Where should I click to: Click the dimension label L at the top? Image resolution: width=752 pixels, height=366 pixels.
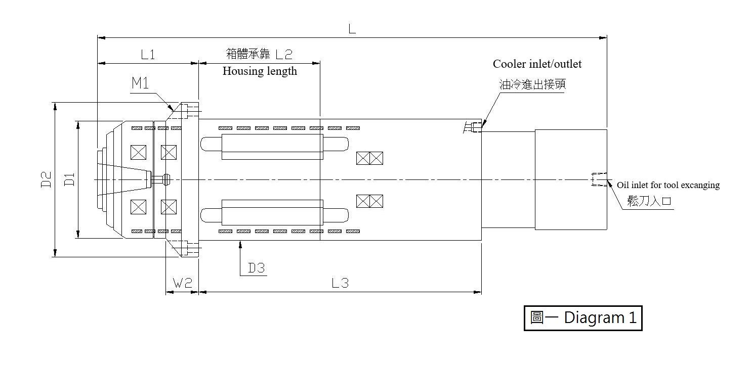coord(352,29)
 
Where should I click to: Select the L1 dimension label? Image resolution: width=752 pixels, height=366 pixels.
coord(148,55)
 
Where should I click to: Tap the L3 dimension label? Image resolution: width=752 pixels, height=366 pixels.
coord(340,283)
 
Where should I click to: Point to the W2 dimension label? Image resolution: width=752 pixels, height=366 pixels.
coord(182,283)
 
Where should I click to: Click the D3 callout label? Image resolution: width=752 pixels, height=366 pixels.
coord(257,268)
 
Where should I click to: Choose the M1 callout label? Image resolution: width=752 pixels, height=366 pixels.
coord(140,83)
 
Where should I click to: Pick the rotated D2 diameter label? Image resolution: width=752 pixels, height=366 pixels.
coord(46,179)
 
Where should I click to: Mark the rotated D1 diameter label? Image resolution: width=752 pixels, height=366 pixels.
coord(69,179)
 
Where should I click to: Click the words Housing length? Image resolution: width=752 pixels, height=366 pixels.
coord(260,71)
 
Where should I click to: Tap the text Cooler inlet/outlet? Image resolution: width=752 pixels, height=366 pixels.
coord(537,64)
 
